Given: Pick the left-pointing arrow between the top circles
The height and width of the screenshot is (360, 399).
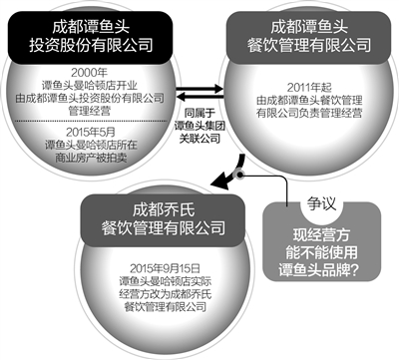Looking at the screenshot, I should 198,95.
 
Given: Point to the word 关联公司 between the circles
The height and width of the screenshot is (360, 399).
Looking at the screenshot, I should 199,139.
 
